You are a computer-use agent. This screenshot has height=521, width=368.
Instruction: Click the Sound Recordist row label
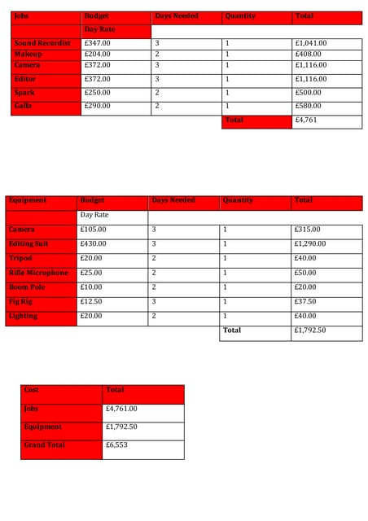(x=42, y=43)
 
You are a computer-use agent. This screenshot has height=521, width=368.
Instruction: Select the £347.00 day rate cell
(x=98, y=43)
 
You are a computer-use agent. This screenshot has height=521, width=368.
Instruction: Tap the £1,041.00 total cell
(x=311, y=43)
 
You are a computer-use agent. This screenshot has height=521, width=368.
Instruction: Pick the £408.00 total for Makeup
(x=309, y=54)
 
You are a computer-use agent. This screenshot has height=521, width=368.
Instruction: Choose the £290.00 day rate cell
(x=98, y=106)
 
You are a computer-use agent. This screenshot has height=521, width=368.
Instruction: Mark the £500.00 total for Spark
(x=309, y=93)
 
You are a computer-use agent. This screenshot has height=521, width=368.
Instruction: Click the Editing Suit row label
(x=28, y=244)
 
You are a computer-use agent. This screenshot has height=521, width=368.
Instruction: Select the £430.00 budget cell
(x=94, y=244)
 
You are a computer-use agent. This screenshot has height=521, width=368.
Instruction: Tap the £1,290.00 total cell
(x=310, y=244)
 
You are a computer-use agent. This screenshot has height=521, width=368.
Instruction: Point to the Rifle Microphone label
(x=38, y=273)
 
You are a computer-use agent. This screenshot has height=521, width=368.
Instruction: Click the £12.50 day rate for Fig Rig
(x=91, y=301)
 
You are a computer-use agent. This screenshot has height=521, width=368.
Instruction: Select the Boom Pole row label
(x=27, y=287)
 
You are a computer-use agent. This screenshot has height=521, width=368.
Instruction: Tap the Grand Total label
(x=45, y=445)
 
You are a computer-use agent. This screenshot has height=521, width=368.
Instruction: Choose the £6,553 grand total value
(x=116, y=445)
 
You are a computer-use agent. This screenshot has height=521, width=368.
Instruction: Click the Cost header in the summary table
(x=32, y=390)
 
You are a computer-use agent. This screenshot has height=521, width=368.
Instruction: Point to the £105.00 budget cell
(x=94, y=230)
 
